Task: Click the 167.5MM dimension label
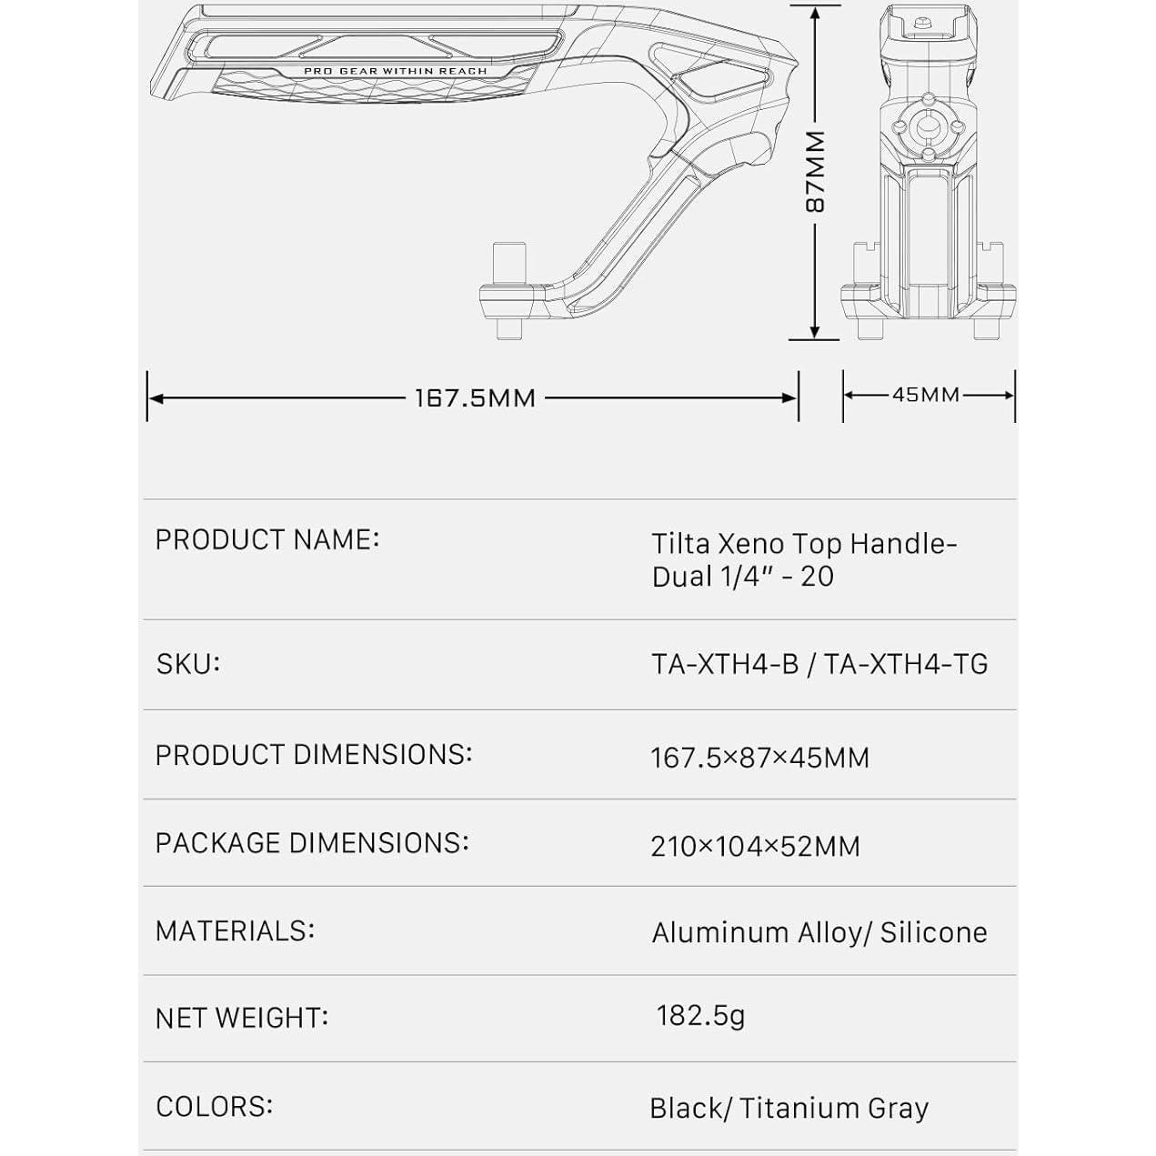pyautogui.click(x=475, y=398)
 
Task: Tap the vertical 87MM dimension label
pyautogui.click(x=815, y=172)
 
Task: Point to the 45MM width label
pyautogui.click(x=926, y=395)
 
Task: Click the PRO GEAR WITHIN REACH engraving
pyautogui.click(x=396, y=71)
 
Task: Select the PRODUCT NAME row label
pyautogui.click(x=267, y=539)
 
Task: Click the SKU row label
pyautogui.click(x=187, y=664)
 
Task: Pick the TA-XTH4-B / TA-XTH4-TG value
pyautogui.click(x=819, y=664)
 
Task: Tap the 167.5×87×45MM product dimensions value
pyautogui.click(x=760, y=758)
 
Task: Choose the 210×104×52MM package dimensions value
pyautogui.click(x=755, y=847)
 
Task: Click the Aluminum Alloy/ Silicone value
pyautogui.click(x=819, y=933)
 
